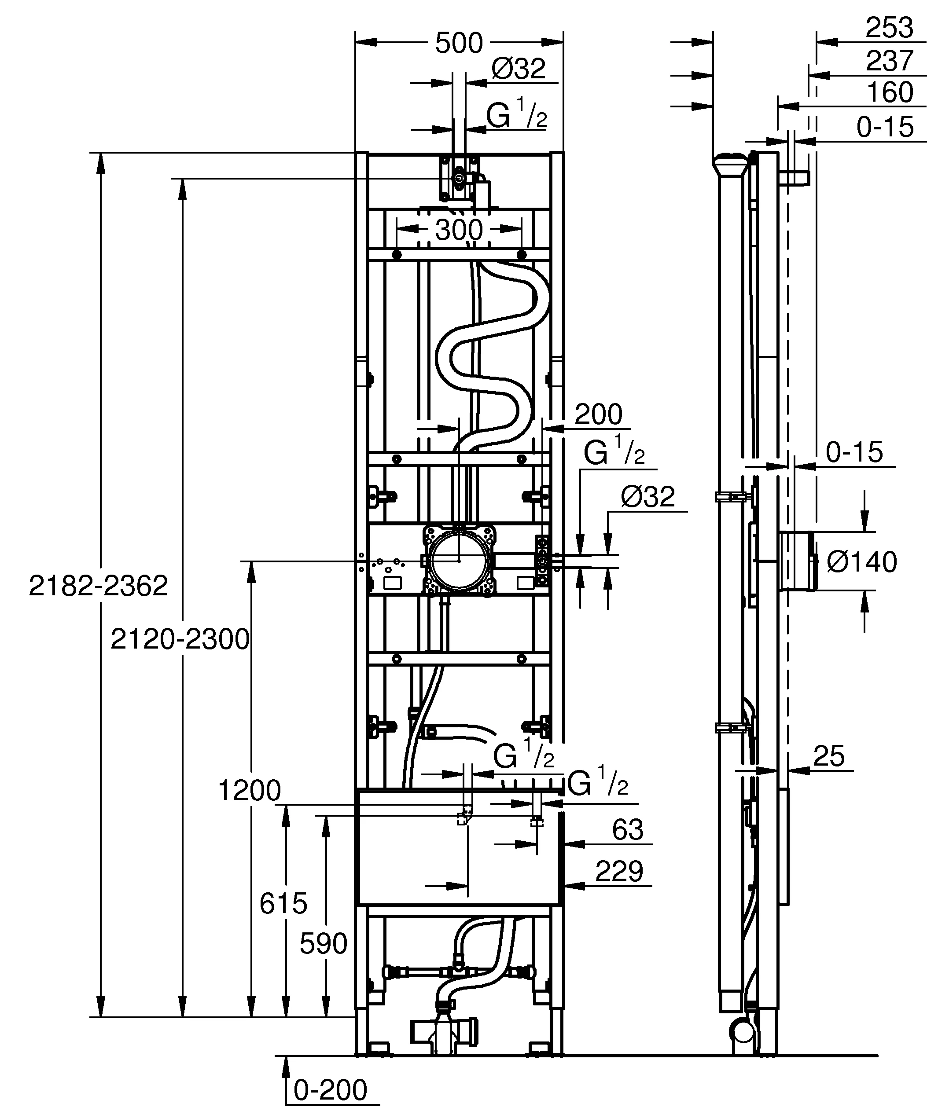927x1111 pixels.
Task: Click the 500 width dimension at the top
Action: [x=458, y=44]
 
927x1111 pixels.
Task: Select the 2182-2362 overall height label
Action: [x=99, y=586]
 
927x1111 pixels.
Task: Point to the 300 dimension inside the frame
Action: [x=459, y=230]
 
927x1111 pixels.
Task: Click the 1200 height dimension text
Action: [x=249, y=792]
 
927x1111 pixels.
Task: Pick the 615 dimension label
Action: [x=283, y=904]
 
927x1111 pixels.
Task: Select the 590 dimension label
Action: [x=323, y=944]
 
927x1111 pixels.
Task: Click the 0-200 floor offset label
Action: [x=330, y=1090]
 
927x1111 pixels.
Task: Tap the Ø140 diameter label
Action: [x=861, y=562]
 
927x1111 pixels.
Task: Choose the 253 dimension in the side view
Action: [x=889, y=28]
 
